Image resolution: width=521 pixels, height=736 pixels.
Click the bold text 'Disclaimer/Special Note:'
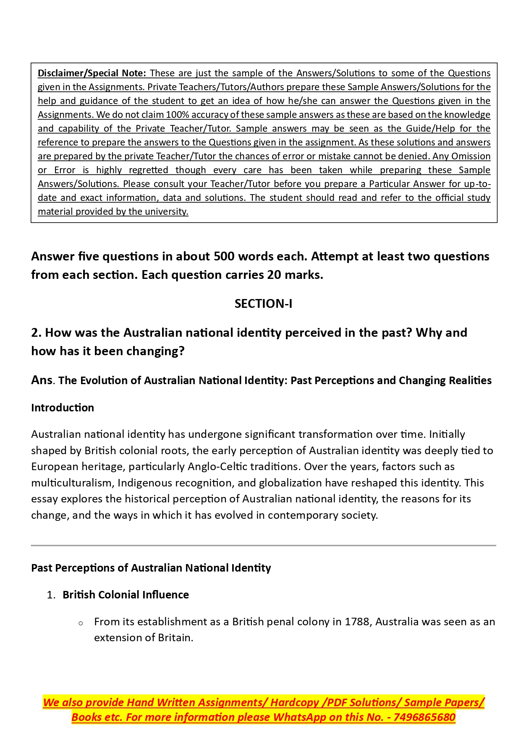(92, 73)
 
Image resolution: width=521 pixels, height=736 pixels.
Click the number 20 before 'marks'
(274, 275)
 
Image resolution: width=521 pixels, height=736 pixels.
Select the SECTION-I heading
(263, 304)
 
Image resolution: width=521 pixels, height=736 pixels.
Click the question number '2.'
(37, 333)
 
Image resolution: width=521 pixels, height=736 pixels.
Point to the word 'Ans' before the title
(42, 380)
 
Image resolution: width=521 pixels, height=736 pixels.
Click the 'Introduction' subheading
(63, 408)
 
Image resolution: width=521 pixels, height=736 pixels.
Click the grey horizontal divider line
(263, 546)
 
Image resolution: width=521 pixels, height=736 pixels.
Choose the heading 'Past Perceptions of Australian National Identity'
(151, 568)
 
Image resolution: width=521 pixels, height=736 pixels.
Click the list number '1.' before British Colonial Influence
(51, 595)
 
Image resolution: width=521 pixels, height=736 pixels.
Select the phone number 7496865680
(424, 717)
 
